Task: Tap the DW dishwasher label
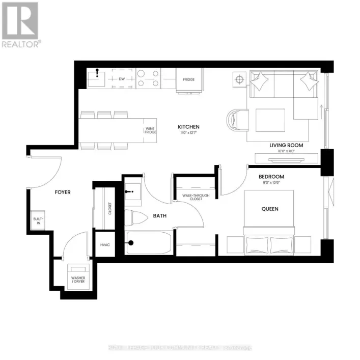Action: [122, 79]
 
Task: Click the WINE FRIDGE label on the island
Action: [150, 130]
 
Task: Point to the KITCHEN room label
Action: [188, 127]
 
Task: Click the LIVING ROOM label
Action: [286, 145]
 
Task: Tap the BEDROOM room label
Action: [271, 177]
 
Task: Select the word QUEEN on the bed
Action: [270, 209]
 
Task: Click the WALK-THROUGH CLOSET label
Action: [189, 197]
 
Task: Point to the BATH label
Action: [160, 216]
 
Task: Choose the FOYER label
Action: [63, 192]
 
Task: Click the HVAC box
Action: [105, 245]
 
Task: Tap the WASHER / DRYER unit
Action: [78, 276]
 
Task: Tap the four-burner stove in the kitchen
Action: [148, 79]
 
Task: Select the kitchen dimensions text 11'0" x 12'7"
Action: [188, 133]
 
